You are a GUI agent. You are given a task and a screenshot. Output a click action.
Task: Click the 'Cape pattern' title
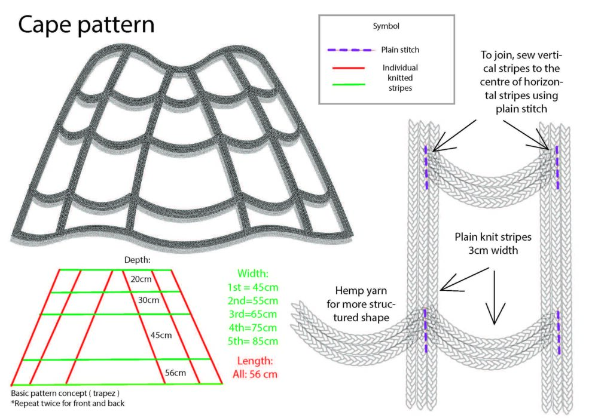coord(87,24)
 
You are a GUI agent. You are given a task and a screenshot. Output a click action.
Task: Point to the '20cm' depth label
coord(140,279)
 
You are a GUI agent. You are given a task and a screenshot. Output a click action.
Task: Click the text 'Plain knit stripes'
coord(492,236)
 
